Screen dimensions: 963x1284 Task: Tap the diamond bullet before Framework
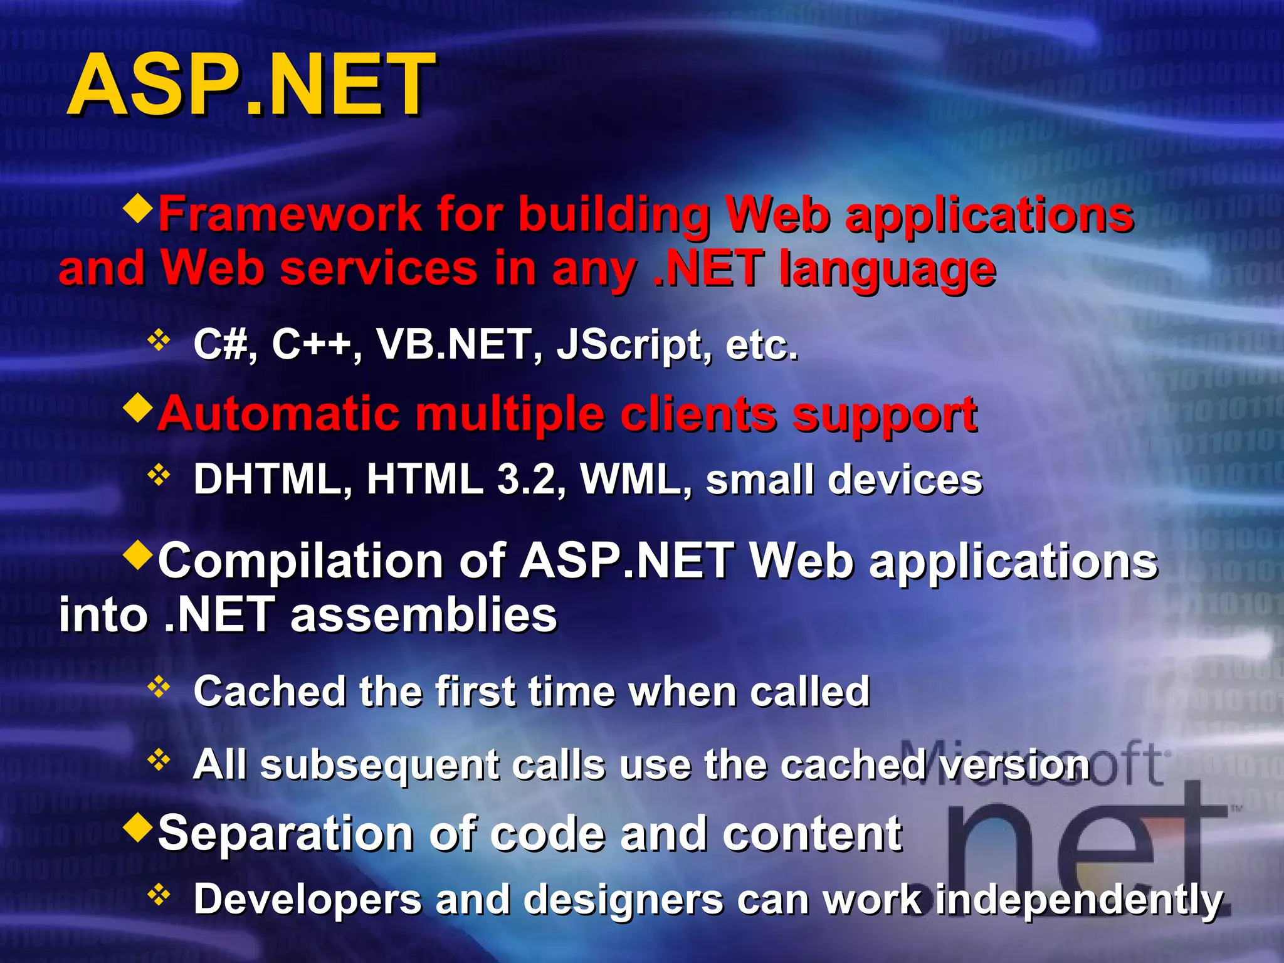pos(139,208)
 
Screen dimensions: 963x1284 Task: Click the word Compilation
pos(301,561)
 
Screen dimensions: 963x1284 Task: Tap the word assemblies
pos(424,615)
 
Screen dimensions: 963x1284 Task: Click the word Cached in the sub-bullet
pos(270,692)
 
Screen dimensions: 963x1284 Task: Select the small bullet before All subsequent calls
pos(159,760)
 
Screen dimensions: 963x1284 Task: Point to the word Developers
pos(307,900)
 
